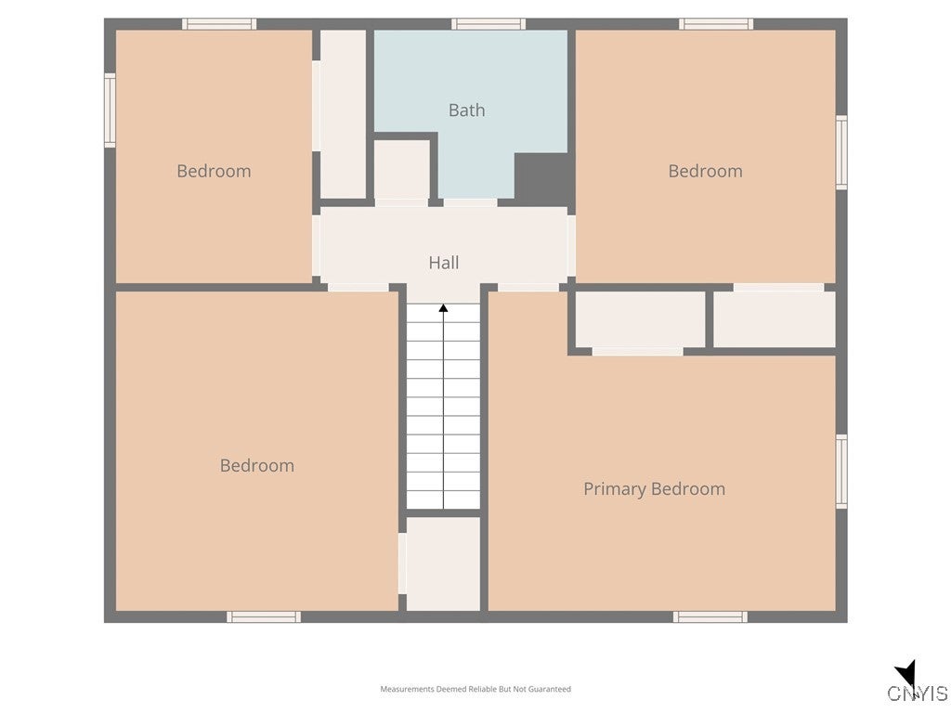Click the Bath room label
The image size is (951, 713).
[466, 110]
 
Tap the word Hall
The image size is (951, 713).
[444, 263]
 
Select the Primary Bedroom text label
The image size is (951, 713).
[654, 489]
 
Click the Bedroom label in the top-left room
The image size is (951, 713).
[214, 171]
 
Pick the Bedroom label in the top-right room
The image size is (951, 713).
[705, 171]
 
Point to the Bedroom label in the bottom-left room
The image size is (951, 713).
[256, 466]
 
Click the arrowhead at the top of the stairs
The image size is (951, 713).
[444, 308]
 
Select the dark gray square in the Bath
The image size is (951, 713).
[541, 178]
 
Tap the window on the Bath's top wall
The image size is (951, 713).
[489, 24]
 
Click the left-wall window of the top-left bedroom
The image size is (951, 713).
[110, 111]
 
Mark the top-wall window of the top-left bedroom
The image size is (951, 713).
[218, 24]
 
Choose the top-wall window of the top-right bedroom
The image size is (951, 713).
[715, 24]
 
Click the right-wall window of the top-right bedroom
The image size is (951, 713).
[841, 152]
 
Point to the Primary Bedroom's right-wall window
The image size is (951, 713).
[841, 472]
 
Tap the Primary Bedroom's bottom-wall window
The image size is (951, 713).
[710, 616]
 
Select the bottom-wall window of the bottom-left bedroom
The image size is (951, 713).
[264, 616]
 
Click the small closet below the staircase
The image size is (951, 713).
[443, 564]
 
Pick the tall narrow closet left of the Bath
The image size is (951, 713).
[343, 113]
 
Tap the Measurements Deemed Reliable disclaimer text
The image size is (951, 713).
[475, 689]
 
